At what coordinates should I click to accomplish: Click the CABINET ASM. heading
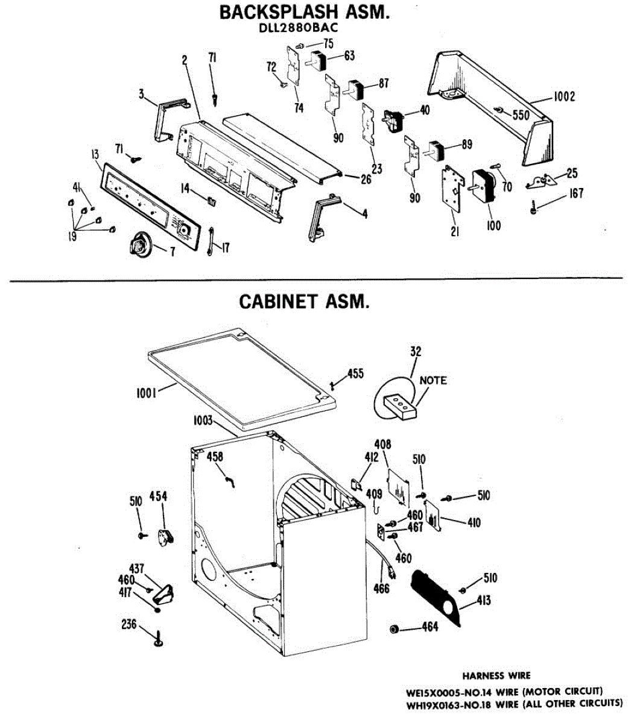point(303,301)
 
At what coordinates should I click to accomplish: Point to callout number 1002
point(563,96)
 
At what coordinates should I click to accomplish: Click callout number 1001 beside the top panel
point(146,393)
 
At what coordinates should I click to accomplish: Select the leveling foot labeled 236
point(159,638)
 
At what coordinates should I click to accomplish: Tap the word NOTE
point(433,380)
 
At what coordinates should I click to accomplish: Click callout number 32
point(416,351)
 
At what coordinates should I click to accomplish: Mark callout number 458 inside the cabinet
point(215,457)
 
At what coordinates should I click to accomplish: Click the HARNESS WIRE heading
point(496,675)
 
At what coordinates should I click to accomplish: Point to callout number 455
point(355,374)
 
